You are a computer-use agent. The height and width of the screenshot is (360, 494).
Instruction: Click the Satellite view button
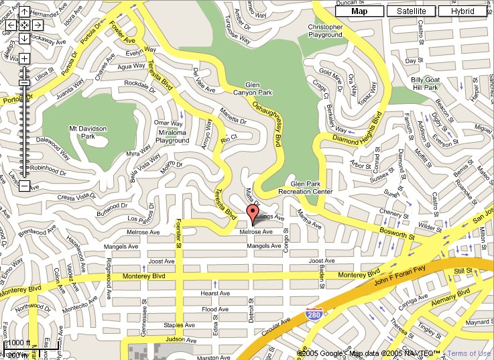tap(412, 11)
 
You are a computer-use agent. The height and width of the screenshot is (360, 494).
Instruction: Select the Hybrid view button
tap(462, 11)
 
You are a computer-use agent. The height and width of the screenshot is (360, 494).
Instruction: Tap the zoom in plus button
tap(24, 58)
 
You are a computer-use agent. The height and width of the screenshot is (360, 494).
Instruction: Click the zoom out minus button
tap(24, 186)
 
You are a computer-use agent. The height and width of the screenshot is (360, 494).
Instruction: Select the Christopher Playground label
tap(325, 32)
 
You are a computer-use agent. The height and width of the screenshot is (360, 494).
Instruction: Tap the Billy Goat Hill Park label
tap(425, 83)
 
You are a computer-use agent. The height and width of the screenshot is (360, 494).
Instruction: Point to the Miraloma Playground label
tap(172, 137)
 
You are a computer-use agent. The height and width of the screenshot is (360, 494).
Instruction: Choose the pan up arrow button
tap(24, 12)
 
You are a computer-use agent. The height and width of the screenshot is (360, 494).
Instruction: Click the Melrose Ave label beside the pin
tap(257, 232)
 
